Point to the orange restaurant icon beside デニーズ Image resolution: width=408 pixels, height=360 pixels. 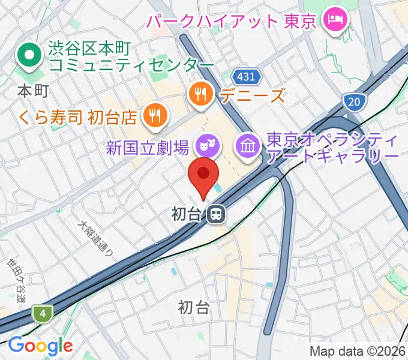coord(199,94)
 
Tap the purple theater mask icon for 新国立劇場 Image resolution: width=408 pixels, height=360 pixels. coord(207,144)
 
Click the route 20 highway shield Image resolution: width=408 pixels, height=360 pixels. coord(355,101)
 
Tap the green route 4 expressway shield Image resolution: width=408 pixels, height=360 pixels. coord(43,313)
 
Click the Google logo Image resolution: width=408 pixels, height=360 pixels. coord(40,346)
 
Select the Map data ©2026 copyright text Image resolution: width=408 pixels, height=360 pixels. coord(357,351)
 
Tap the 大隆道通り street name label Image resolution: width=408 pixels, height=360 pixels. coord(96,238)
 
